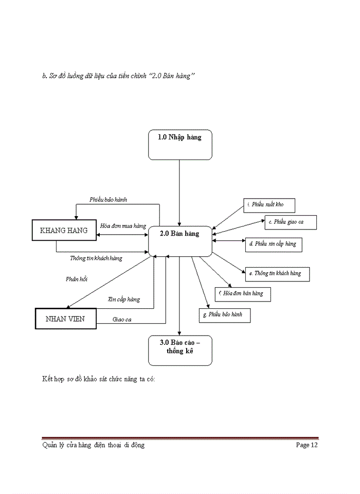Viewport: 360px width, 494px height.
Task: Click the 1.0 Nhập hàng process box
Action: [179, 145]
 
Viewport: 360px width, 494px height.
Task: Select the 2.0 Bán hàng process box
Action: [179, 241]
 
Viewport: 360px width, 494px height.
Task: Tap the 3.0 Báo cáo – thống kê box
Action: [179, 350]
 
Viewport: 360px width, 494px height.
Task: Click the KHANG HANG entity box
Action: [64, 231]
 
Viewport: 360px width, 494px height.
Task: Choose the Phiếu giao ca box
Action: [291, 222]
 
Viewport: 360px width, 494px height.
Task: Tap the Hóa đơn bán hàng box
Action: [243, 294]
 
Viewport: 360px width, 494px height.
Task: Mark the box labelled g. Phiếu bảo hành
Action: [224, 314]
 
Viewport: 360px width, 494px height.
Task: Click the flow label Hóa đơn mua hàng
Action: [123, 226]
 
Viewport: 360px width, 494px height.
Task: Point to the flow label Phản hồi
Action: [77, 279]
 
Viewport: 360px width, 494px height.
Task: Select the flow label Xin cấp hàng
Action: [123, 299]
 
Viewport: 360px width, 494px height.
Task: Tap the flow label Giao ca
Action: [122, 320]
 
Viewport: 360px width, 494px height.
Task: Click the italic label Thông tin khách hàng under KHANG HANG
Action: [96, 258]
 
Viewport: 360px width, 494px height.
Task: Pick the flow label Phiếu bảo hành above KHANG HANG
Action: [108, 199]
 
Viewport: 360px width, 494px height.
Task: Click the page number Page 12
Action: [307, 445]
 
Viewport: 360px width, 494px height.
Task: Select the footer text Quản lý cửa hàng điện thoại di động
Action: [93, 445]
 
